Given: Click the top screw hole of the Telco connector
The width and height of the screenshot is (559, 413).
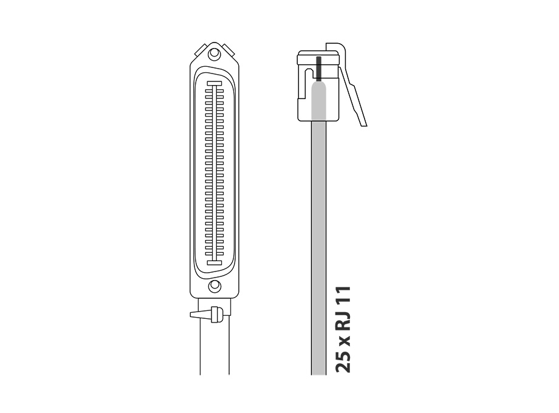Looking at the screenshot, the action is click(x=214, y=54).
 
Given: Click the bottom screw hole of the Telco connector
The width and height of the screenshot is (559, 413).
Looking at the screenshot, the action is click(x=214, y=286).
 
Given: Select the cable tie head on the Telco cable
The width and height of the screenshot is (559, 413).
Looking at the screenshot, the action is click(x=215, y=314).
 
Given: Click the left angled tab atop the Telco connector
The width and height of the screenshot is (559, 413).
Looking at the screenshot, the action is click(x=201, y=50).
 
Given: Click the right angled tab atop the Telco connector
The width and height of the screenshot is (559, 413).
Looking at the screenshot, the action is click(x=228, y=50).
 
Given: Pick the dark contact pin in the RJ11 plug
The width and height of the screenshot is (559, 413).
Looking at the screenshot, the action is click(x=319, y=67).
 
